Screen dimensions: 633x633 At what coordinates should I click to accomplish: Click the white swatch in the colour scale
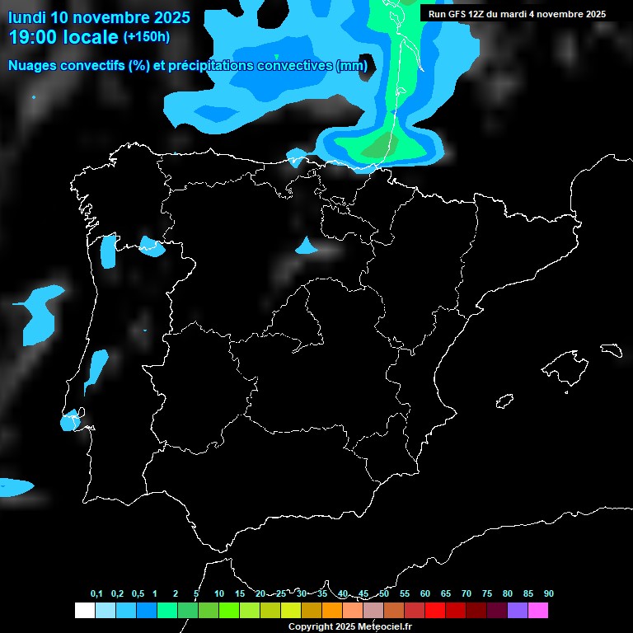84,610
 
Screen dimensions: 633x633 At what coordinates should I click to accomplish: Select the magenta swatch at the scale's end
538,610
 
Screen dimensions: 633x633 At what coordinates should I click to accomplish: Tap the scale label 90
549,593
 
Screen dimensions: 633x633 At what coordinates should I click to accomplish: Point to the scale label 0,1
96,593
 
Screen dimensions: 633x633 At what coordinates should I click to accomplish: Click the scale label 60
425,593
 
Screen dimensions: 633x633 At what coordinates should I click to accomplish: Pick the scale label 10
218,593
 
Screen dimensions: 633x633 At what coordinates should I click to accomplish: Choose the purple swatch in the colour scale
517,610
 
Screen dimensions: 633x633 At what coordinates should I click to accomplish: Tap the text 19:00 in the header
34,37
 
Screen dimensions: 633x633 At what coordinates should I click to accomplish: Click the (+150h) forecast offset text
147,37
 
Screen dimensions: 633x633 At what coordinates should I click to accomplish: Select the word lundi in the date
26,16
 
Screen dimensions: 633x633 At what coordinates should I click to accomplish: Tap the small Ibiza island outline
505,401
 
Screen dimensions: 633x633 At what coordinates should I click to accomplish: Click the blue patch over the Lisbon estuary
71,421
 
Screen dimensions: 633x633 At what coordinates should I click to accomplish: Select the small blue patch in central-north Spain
307,246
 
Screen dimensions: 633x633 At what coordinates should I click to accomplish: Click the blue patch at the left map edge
15,486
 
